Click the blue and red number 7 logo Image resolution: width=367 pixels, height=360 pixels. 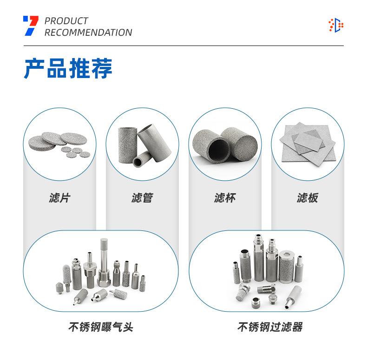(x=31, y=26)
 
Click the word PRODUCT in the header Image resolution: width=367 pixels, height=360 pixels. (x=66, y=21)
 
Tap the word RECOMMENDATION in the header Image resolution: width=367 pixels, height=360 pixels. (x=88, y=33)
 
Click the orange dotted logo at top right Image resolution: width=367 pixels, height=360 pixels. (x=335, y=25)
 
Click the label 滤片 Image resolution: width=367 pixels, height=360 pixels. (x=59, y=198)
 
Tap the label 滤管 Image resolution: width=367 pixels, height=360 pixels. (x=142, y=198)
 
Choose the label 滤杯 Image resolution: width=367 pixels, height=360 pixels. (x=225, y=198)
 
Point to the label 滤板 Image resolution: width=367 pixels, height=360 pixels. (x=308, y=198)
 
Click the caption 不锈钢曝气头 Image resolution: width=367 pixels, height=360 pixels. (x=101, y=327)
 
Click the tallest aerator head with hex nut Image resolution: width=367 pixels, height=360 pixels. (x=104, y=265)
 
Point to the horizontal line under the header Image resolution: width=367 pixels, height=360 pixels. (x=183, y=46)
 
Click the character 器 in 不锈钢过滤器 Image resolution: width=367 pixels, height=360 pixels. (x=297, y=327)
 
